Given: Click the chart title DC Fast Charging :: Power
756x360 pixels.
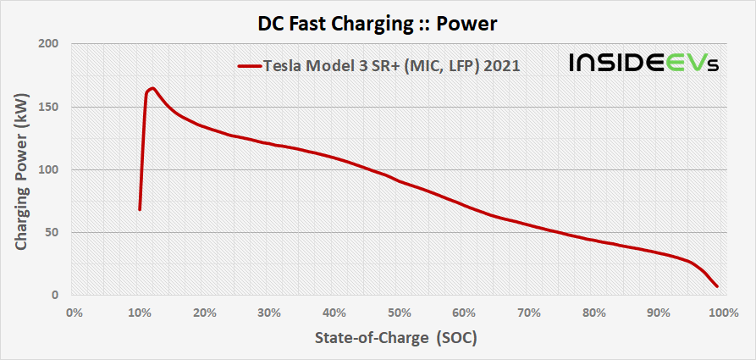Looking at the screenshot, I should (x=378, y=24).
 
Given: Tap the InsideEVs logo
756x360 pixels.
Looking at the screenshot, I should (x=643, y=63).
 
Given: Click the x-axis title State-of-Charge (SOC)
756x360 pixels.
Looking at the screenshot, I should (x=395, y=338).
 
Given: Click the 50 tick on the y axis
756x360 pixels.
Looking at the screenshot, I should (x=51, y=233).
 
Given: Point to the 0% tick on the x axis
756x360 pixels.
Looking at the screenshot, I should (x=74, y=312).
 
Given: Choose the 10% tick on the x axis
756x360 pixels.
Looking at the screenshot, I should (x=138, y=312).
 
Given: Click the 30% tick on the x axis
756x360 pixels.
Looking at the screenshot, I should (x=268, y=312).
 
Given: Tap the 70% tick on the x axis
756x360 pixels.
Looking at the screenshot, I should (x=528, y=312).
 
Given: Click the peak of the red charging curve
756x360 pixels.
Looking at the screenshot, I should (x=152, y=88).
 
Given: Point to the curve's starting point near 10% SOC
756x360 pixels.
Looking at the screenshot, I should (x=140, y=208).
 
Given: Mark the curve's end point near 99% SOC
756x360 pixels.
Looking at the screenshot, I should (x=716, y=286).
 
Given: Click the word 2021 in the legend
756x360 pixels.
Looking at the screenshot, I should (x=502, y=64).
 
